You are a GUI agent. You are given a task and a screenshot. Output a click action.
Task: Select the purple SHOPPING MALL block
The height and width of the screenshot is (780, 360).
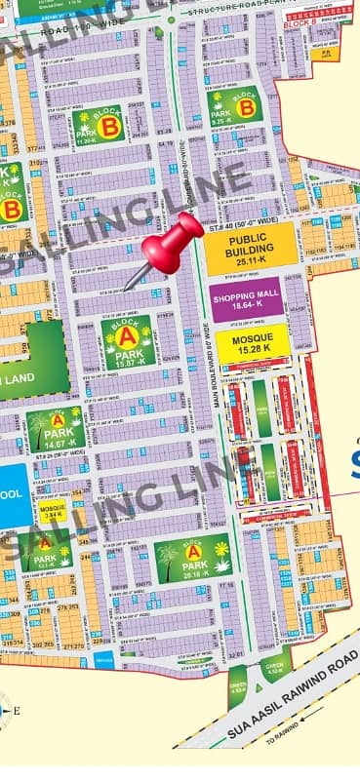click(246, 299)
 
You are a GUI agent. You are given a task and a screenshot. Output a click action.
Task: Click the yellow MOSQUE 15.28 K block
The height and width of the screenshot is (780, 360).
click(252, 342)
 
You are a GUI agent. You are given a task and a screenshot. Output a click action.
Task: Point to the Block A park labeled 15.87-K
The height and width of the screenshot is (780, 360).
click(128, 343)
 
